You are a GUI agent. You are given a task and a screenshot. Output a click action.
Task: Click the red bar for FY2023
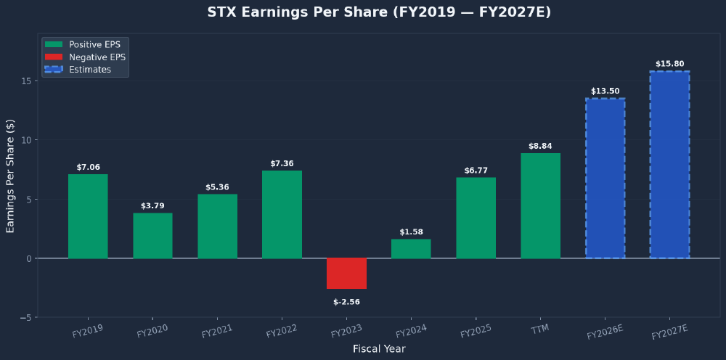(x=346, y=274)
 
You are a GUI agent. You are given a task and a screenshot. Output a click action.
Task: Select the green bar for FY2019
(x=88, y=216)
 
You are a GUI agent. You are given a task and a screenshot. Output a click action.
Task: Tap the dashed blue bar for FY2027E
(x=669, y=165)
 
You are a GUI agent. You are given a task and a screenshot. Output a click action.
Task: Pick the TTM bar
(x=540, y=205)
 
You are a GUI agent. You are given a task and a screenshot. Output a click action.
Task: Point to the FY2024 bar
(x=411, y=248)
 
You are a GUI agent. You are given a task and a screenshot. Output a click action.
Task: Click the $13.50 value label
(x=605, y=91)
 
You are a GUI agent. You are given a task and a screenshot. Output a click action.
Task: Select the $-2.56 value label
(x=346, y=302)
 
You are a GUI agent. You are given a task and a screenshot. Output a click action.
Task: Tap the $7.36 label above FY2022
(x=282, y=164)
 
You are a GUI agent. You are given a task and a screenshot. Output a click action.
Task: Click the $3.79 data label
(x=152, y=206)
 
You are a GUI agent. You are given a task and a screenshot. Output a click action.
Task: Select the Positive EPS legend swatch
(x=54, y=45)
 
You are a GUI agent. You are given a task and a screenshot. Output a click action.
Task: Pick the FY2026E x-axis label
(x=605, y=332)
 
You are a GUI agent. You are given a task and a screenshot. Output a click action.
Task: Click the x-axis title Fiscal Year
(x=379, y=349)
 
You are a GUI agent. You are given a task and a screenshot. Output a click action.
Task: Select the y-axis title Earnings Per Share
(x=11, y=176)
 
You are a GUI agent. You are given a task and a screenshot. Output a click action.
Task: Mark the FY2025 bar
(x=476, y=218)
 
